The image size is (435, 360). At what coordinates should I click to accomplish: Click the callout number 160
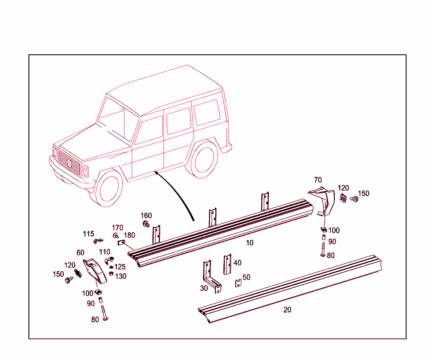pyautogui.click(x=146, y=216)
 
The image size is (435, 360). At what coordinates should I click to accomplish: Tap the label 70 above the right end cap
pyautogui.click(x=318, y=180)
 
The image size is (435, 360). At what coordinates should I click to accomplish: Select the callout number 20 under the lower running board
pyautogui.click(x=287, y=310)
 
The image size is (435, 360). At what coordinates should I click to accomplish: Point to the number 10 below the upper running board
pyautogui.click(x=249, y=243)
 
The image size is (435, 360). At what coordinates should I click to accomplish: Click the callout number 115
pyautogui.click(x=88, y=234)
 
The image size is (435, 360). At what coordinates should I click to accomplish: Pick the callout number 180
pyautogui.click(x=129, y=235)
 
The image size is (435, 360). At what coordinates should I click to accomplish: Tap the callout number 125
pyautogui.click(x=120, y=267)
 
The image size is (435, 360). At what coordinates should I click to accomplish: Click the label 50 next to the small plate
pyautogui.click(x=246, y=277)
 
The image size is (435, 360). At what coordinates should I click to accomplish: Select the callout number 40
pyautogui.click(x=237, y=263)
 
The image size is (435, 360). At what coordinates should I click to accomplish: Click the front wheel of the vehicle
pyautogui.click(x=109, y=189)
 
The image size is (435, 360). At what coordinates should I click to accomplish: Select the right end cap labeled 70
pyautogui.click(x=323, y=200)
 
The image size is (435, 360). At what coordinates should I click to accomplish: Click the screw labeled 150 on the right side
pyautogui.click(x=354, y=199)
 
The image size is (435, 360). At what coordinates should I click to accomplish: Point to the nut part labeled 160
pyautogui.click(x=146, y=224)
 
